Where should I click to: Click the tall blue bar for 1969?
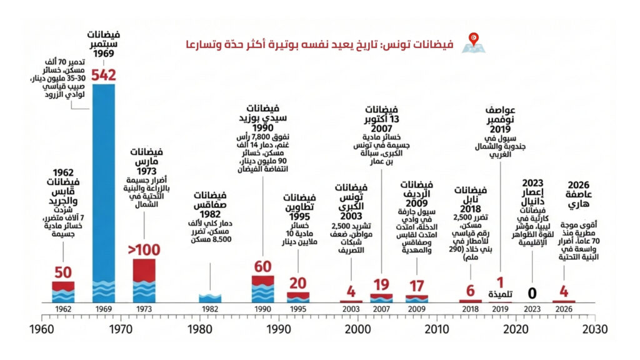tap(103, 187)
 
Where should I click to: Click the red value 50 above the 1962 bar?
tap(63, 273)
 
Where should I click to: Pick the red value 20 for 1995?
tap(297, 284)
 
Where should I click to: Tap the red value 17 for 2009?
tap(416, 287)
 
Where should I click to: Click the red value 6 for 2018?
tap(471, 291)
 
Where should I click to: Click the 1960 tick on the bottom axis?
tap(42, 329)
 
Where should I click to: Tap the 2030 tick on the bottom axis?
tap(594, 329)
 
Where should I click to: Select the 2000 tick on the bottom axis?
tap(357, 329)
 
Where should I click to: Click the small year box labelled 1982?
tap(210, 309)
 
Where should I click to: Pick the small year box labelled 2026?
tap(564, 309)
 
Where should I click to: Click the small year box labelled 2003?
tap(351, 309)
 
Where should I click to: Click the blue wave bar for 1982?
tap(210, 298)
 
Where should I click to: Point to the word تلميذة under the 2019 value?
tap(499, 294)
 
